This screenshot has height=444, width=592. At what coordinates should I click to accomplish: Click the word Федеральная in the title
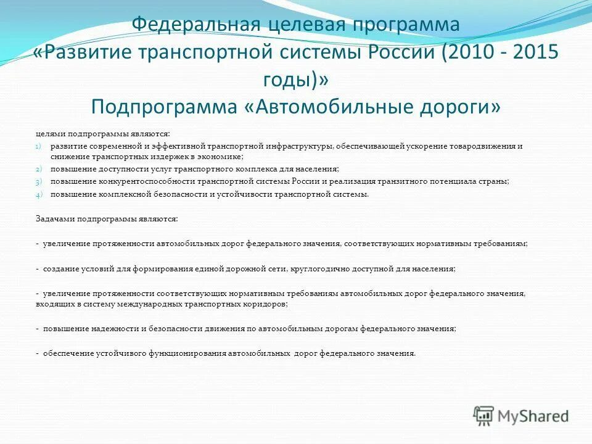[x=195, y=25]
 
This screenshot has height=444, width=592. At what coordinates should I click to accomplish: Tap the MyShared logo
[x=520, y=415]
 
